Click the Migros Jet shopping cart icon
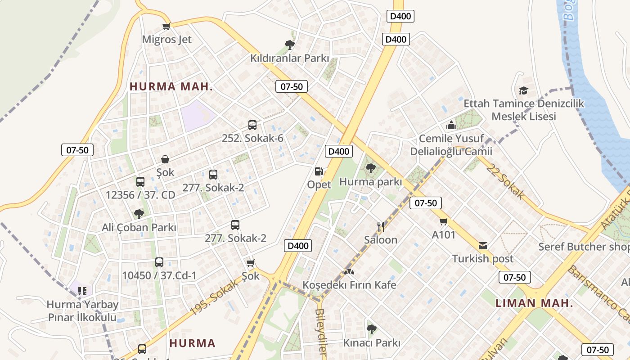pyautogui.click(x=166, y=26)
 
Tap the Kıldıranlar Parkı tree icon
pyautogui.click(x=290, y=45)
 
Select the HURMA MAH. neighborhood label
pyautogui.click(x=171, y=87)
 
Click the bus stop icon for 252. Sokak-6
pyautogui.click(x=252, y=125)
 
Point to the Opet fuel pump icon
pyautogui.click(x=319, y=171)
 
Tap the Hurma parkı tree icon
pyautogui.click(x=371, y=169)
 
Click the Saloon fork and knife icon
pyautogui.click(x=381, y=226)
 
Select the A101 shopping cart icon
pyautogui.click(x=444, y=221)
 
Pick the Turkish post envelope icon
pyautogui.click(x=483, y=246)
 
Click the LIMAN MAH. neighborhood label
pyautogui.click(x=534, y=303)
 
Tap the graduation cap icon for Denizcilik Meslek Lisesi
pyautogui.click(x=523, y=90)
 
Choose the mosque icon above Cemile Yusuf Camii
pyautogui.click(x=451, y=125)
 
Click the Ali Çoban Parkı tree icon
pyautogui.click(x=139, y=214)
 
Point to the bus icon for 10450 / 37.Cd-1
pyautogui.click(x=159, y=262)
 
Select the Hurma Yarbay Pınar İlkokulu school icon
pyautogui.click(x=82, y=291)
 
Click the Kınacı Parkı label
pyautogui.click(x=372, y=343)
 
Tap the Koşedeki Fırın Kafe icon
pyautogui.click(x=349, y=272)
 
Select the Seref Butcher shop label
pyautogui.click(x=584, y=247)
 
